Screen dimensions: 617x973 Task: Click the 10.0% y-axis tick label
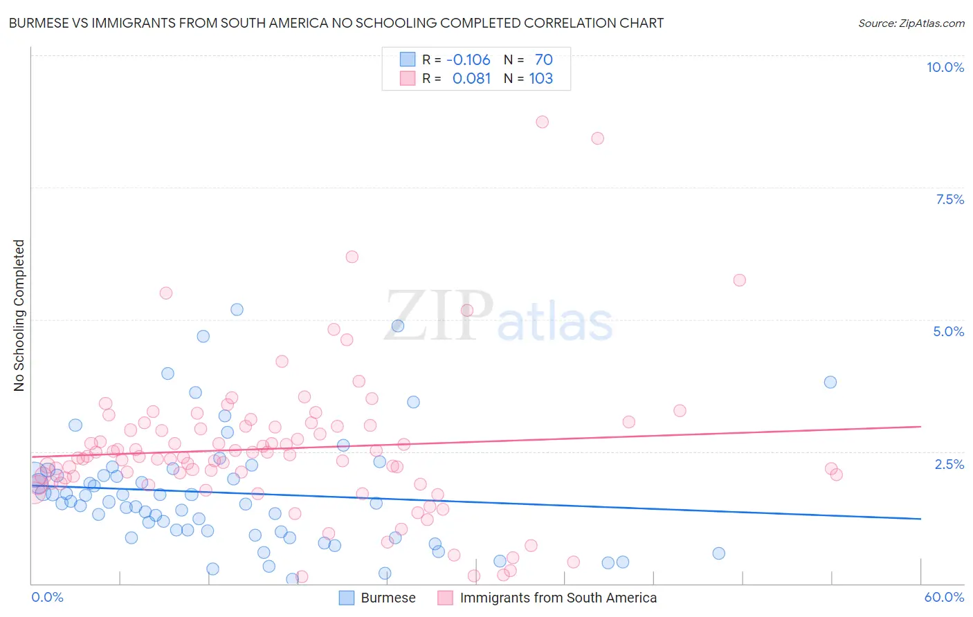[945, 67]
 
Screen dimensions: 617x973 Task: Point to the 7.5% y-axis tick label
[949, 199]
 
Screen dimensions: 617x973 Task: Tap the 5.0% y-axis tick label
[948, 331]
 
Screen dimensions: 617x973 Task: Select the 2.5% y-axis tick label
[949, 464]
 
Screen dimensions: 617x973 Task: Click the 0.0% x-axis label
[47, 597]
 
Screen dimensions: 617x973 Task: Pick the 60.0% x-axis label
[943, 597]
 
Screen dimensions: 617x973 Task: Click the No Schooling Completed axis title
[19, 315]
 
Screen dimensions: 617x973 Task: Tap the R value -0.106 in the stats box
[468, 60]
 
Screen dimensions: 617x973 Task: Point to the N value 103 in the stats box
[540, 79]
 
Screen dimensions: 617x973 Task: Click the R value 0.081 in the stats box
[471, 79]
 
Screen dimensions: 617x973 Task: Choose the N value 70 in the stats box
[543, 60]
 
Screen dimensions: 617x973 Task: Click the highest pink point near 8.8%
[542, 122]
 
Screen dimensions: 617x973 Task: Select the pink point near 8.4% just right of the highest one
[597, 138]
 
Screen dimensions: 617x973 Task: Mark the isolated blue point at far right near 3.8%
[830, 382]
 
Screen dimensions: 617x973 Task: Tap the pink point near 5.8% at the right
[739, 280]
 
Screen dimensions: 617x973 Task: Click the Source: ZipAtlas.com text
[911, 24]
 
